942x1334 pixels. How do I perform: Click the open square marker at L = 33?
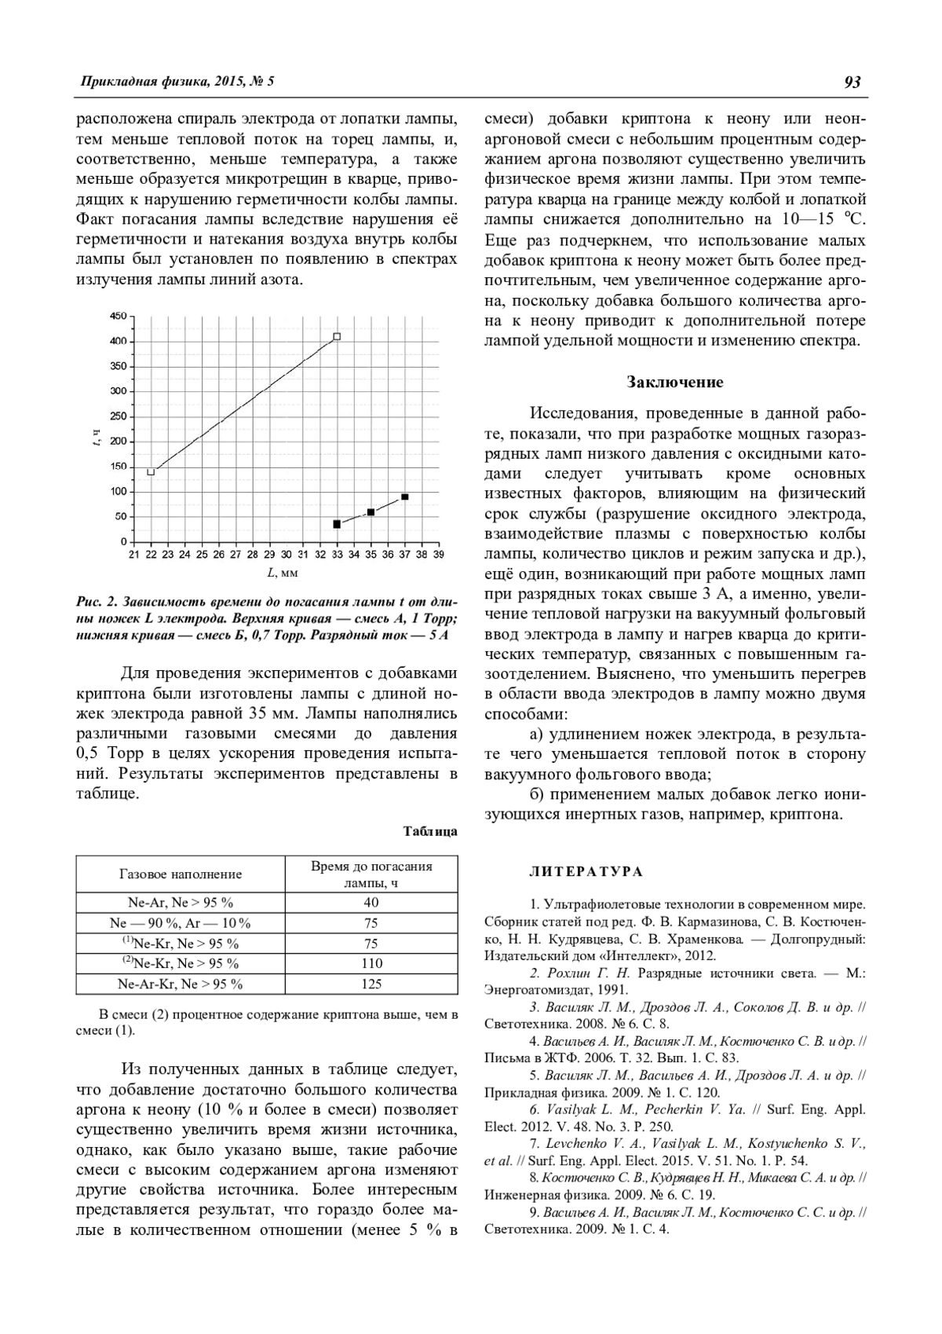[x=337, y=336]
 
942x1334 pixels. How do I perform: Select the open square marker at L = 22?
[x=151, y=472]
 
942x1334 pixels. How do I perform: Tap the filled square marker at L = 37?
[x=405, y=497]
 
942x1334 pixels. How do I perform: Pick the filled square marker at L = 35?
[x=371, y=512]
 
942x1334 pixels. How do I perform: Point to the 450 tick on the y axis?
[x=118, y=316]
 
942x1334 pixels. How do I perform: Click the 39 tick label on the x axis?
[x=438, y=555]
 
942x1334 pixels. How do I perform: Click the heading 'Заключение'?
[x=674, y=383]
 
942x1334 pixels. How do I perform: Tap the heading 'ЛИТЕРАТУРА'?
[x=586, y=872]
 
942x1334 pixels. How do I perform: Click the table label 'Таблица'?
[x=430, y=831]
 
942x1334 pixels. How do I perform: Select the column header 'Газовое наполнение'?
[x=181, y=874]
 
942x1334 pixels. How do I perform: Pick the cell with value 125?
[x=371, y=984]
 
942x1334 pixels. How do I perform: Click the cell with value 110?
[x=371, y=963]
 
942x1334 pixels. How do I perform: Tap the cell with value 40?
[x=371, y=903]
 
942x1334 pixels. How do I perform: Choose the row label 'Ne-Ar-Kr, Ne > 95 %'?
[x=181, y=984]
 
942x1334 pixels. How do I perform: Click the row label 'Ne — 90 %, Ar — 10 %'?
[x=181, y=923]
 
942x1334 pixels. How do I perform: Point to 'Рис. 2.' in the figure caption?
[x=97, y=603]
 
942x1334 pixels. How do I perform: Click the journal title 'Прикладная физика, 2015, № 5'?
[x=177, y=82]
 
